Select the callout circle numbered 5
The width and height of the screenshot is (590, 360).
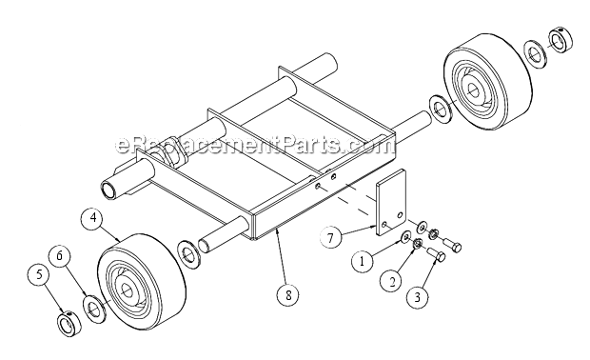point(40,275)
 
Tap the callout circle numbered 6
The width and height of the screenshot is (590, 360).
point(60,255)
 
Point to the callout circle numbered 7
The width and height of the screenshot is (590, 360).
point(330,238)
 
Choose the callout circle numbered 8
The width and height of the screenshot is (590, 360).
point(288,295)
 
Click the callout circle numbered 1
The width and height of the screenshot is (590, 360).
point(363,261)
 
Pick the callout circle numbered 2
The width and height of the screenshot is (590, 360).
point(392,281)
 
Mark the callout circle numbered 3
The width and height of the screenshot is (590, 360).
point(418,297)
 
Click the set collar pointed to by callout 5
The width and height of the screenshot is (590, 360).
point(69,324)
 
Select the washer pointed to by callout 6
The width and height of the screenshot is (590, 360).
point(94,310)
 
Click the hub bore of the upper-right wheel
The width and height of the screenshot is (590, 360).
point(471,89)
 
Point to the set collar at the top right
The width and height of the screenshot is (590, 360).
point(560,40)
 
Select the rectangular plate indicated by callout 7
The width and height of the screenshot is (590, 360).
point(391,203)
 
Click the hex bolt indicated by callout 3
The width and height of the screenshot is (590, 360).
point(437,254)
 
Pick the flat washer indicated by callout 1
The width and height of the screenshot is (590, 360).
point(406,236)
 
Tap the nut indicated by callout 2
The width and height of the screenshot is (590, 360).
point(417,244)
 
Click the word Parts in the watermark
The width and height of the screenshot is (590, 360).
point(311,145)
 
